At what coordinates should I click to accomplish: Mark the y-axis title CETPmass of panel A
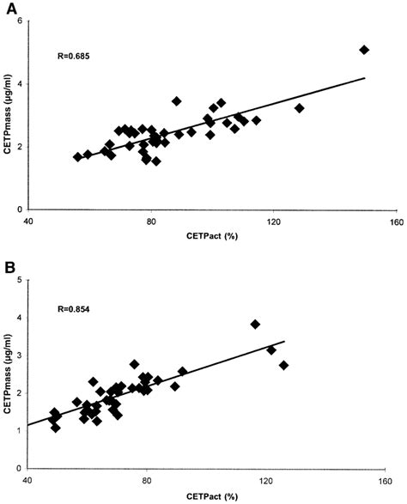click(x=8, y=116)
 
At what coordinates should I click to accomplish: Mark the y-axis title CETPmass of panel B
click(x=8, y=374)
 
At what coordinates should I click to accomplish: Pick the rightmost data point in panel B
click(x=284, y=365)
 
